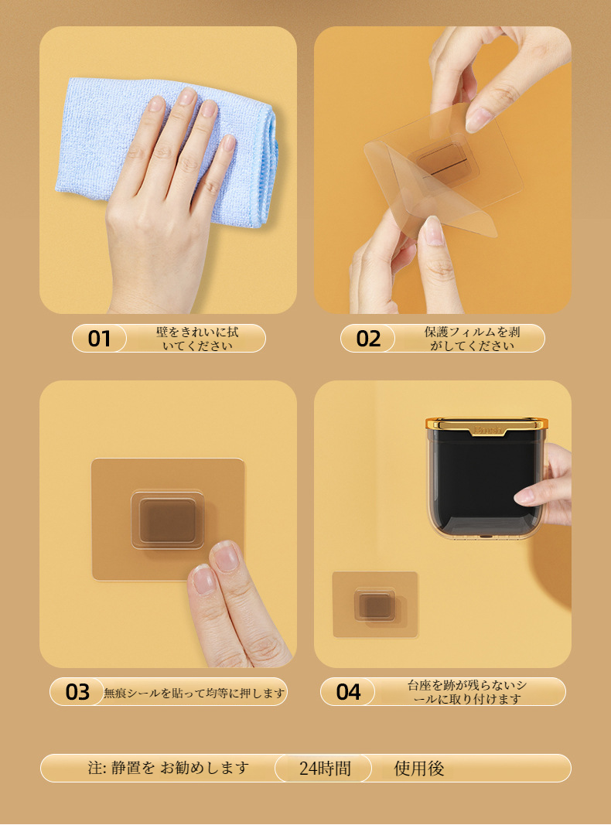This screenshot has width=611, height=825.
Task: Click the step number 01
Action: pos(99,339)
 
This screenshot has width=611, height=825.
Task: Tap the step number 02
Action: pos(368,339)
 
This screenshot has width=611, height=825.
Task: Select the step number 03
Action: pos(77,692)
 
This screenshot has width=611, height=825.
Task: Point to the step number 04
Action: pos(348,692)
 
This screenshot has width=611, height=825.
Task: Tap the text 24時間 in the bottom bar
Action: pos(325,769)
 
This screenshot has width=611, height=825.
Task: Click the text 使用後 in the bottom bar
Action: pos(419,769)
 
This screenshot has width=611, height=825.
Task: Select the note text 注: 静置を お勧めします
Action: pos(169,768)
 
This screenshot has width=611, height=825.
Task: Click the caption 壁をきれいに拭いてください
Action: pos(197,339)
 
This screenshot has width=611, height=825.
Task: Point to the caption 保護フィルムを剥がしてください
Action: pos(472,339)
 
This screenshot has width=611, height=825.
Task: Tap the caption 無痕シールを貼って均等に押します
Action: pos(194,693)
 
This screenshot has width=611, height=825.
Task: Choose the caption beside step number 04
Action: pos(467,692)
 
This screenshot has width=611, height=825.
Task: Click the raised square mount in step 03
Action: pos(167,520)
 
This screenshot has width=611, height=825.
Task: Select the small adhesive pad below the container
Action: pos(374,604)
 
